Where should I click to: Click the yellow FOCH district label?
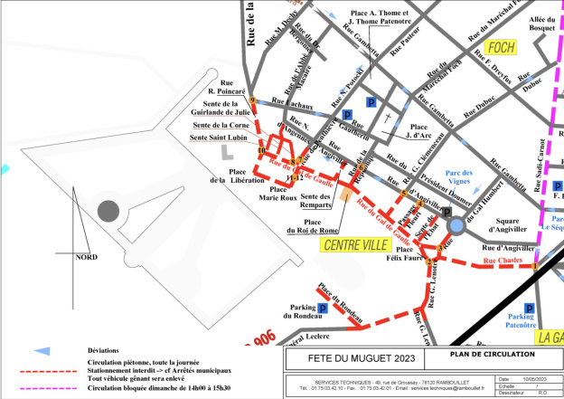pos(500,47)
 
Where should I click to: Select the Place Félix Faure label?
pos(403,254)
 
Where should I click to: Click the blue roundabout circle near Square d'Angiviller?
pos(457,224)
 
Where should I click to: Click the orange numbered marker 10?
pos(261,150)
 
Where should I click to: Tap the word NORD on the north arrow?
pos(87,257)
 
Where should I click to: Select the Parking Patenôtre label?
pos(522,322)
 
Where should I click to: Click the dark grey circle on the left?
pos(108,211)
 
